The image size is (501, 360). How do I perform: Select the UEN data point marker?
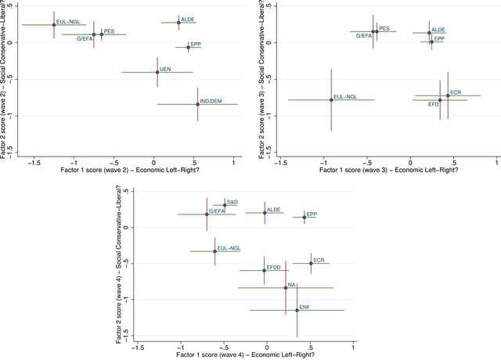coord(157,72)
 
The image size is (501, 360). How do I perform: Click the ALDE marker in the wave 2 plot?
coord(178,23)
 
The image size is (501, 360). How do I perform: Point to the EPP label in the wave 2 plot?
coord(196,44)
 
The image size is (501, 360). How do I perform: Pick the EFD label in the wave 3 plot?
coord(433,104)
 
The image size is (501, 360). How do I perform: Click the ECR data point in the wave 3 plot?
coord(448,95)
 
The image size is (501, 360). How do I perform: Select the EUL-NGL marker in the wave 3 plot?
coord(331,99)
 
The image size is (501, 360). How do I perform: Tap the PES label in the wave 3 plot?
coord(384,28)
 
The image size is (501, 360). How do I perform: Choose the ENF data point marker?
coord(297,310)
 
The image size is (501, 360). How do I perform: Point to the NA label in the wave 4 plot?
coord(292,284)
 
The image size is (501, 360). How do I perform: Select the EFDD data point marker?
coord(265,271)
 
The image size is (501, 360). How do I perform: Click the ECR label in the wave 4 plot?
coord(319,259)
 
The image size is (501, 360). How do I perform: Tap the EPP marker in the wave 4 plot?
coord(305,218)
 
